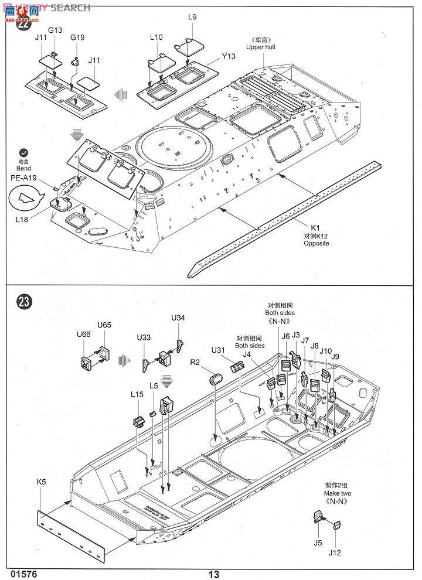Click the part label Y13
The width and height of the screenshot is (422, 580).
coord(229,56)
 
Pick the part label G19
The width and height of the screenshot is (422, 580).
coord(77,37)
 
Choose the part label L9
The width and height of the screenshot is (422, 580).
coord(192,17)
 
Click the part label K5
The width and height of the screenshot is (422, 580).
coord(40,482)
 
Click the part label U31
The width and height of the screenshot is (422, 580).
coord(219,350)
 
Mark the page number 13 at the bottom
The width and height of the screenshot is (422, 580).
coord(213,574)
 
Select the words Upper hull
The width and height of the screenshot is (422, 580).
coord(260,47)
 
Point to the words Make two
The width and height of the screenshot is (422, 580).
coord(338,493)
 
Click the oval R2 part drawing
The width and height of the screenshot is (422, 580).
coord(214,379)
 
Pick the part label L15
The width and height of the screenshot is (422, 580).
coord(137,395)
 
